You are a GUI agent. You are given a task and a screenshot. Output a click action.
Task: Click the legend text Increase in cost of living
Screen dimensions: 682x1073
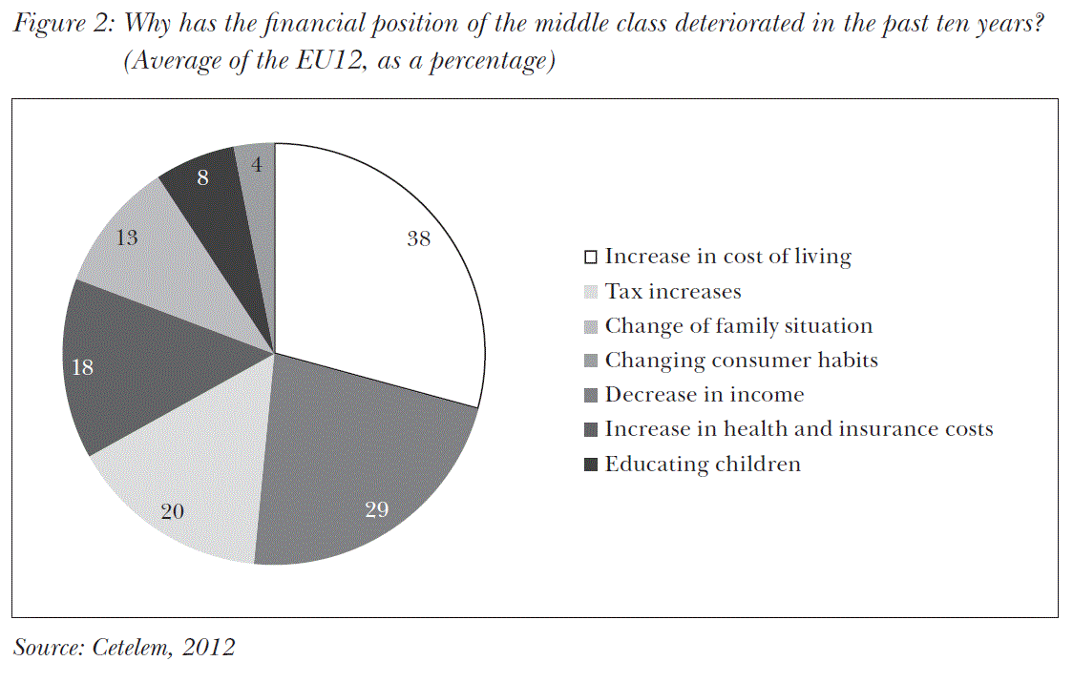pos(727,257)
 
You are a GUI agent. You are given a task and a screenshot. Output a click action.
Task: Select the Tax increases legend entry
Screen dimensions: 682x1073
pos(673,291)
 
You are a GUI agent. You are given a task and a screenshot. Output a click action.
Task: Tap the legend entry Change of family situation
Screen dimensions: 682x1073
pos(738,326)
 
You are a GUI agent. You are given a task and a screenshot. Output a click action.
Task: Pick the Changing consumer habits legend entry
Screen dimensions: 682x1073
pos(741,361)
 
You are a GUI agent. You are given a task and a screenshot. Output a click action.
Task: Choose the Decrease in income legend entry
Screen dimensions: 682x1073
pos(705,395)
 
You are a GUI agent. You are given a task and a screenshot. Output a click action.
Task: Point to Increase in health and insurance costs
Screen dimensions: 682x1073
pos(799,429)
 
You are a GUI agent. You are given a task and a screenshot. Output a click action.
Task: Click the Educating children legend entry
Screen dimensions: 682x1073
pos(703,465)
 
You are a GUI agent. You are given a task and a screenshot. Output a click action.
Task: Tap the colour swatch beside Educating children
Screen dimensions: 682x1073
pos(592,465)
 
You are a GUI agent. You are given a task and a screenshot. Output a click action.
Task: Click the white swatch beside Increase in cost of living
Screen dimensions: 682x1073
pos(592,258)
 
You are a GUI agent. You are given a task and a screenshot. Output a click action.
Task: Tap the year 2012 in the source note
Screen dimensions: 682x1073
pos(209,648)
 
